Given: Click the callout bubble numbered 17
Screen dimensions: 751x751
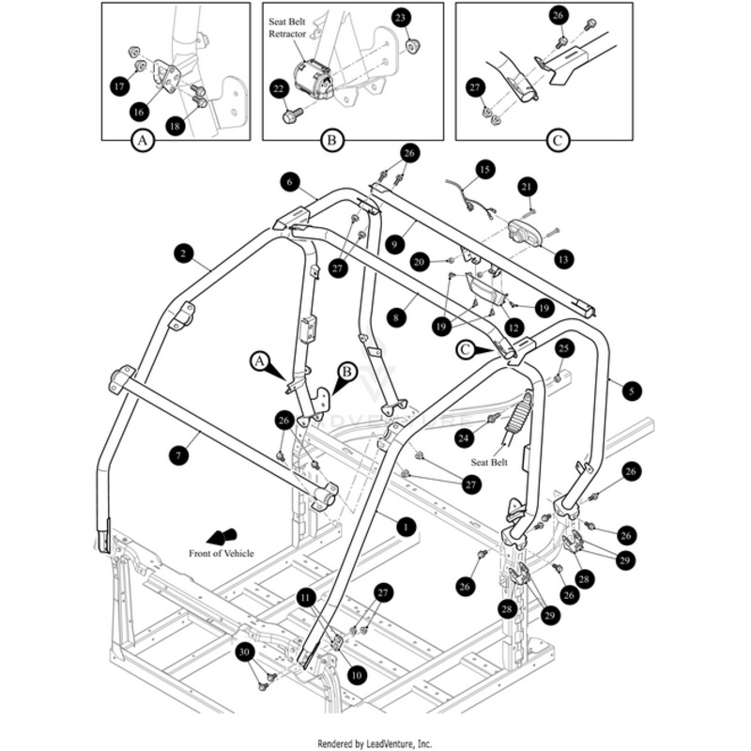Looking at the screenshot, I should [119, 85].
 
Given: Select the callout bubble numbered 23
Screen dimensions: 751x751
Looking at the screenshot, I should [401, 18].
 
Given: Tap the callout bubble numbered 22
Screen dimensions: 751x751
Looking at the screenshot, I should [278, 88].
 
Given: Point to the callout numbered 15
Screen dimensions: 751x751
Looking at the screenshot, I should [483, 170].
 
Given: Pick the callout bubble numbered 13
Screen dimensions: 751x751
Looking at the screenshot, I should [563, 257].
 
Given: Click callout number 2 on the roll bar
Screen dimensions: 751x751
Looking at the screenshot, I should [184, 252].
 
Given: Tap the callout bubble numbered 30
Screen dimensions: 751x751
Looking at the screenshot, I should [243, 652].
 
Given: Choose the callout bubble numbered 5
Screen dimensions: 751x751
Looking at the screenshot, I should [631, 388].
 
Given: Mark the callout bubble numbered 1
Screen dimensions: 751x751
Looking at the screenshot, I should [405, 527].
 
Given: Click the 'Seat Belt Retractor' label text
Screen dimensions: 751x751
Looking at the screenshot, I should [287, 28].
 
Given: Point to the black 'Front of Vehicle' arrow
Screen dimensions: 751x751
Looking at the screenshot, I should [222, 537].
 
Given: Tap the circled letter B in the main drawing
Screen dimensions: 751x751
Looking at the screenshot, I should [345, 372].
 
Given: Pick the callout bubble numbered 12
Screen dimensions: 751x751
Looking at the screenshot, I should [513, 328].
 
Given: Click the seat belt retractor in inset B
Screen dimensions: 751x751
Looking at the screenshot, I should [314, 79].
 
